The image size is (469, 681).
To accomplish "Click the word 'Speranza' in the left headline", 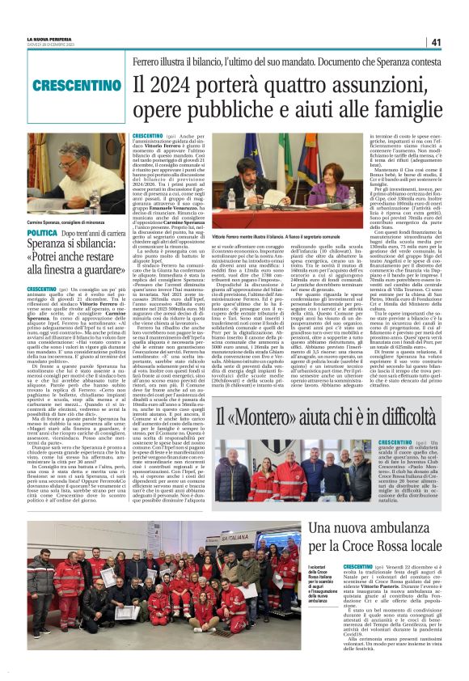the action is click(x=49, y=250).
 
